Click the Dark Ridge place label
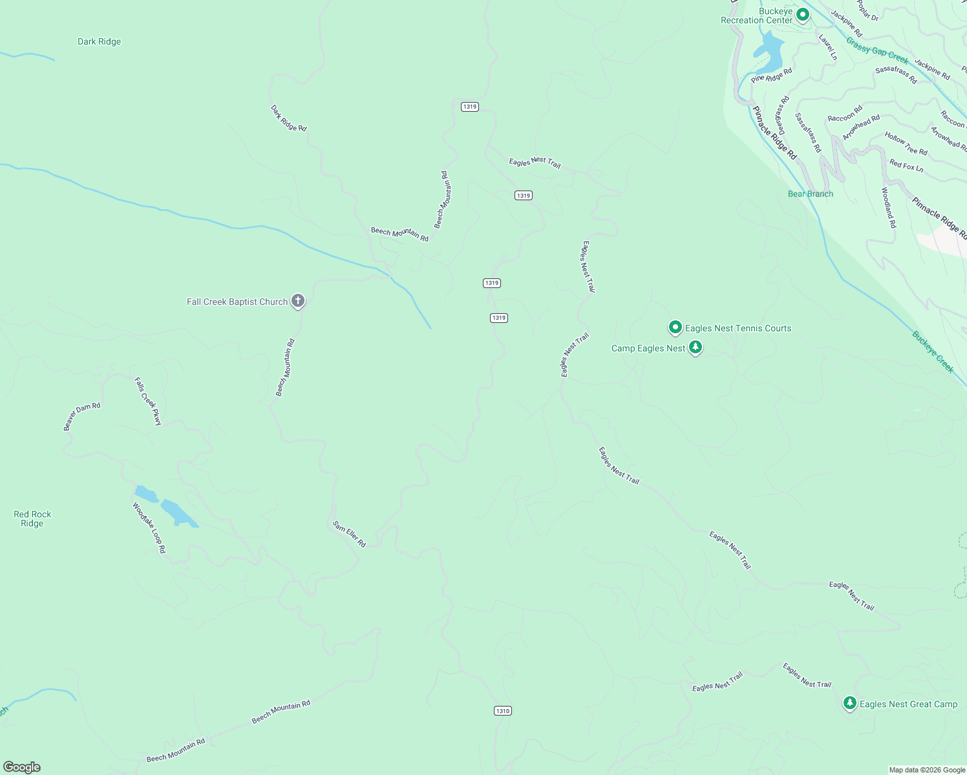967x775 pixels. click(99, 42)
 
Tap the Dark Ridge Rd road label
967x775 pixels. click(288, 118)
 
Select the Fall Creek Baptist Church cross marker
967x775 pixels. click(298, 300)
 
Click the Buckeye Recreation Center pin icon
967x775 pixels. click(802, 14)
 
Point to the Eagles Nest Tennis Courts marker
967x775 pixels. click(675, 327)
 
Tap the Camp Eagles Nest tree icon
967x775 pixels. click(696, 347)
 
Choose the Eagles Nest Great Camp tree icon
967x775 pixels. click(850, 703)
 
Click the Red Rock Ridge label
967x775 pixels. click(32, 519)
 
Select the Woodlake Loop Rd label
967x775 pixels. click(149, 528)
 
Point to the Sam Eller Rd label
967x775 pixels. click(350, 534)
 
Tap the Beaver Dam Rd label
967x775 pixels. click(82, 417)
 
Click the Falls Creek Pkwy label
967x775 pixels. click(148, 401)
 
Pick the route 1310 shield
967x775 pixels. click(502, 710)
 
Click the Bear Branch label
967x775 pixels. click(811, 194)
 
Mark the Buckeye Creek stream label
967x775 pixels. click(933, 351)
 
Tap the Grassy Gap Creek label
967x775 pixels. click(877, 51)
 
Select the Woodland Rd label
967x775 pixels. click(889, 207)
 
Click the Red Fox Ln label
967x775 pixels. click(906, 166)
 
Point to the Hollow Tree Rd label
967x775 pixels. click(906, 143)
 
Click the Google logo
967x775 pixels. click(22, 767)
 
